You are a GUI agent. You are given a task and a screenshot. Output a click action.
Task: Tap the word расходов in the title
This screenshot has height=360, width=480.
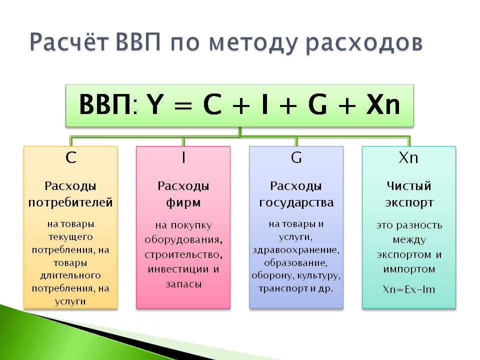click(364, 43)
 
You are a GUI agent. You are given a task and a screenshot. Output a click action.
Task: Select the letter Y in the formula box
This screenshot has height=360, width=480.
click(155, 104)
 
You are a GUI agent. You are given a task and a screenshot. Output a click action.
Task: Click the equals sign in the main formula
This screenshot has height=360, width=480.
click(183, 105)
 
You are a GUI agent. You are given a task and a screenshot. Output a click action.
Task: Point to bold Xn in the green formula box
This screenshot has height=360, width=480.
click(383, 104)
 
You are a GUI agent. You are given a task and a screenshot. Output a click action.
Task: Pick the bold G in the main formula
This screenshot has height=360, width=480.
click(317, 104)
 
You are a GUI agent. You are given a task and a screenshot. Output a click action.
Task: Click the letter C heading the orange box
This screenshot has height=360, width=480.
click(70, 157)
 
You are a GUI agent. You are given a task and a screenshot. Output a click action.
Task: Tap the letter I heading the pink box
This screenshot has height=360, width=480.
click(183, 157)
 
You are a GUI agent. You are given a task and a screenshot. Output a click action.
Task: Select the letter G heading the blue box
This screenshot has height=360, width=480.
click(296, 157)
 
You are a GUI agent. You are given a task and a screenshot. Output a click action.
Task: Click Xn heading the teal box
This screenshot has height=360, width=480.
click(408, 157)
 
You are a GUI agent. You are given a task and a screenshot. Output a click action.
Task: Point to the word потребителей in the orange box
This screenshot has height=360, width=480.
click(70, 203)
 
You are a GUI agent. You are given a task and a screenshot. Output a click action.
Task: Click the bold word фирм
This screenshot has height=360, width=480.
click(183, 203)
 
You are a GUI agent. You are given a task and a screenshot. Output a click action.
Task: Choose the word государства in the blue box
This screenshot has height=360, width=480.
click(296, 203)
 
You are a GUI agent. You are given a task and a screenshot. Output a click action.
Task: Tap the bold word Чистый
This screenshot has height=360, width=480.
click(408, 186)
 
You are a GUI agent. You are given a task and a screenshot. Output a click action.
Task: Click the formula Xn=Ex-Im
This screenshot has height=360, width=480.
click(408, 289)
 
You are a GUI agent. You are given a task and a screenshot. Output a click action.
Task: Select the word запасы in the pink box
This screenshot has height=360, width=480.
click(183, 284)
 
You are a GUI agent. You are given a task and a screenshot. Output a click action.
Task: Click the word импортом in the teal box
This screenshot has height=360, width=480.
click(409, 269)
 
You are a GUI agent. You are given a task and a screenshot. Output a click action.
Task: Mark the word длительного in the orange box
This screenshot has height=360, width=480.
click(70, 275)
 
